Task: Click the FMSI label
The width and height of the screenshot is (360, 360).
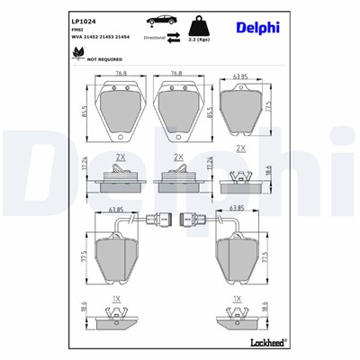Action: [x=76, y=30]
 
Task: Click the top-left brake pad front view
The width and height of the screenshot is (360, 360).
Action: [x=121, y=106]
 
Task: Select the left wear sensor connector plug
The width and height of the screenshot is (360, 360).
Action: [x=164, y=217]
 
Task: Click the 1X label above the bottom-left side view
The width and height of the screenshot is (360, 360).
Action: [x=117, y=297]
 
